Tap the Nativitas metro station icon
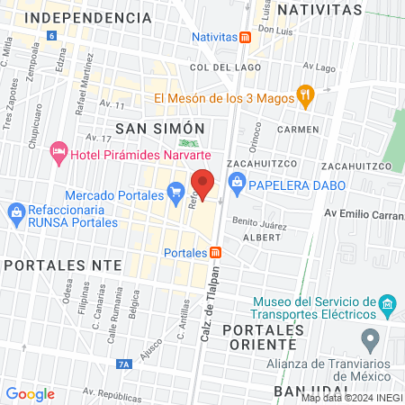(246, 37)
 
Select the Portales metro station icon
(217, 252)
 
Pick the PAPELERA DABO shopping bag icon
(238, 186)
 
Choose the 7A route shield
(124, 364)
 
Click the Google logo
(31, 393)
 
